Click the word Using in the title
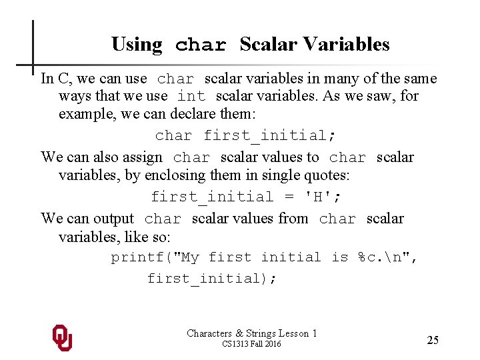(137, 45)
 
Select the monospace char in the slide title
(201, 45)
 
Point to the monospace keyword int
(191, 97)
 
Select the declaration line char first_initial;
(245, 135)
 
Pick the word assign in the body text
(142, 157)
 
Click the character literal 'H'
(321, 197)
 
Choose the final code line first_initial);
(211, 278)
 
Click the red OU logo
(62, 337)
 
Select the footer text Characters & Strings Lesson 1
(251, 333)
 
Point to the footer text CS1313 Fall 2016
(251, 344)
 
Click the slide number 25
(433, 340)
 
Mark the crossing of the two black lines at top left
(33, 65)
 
